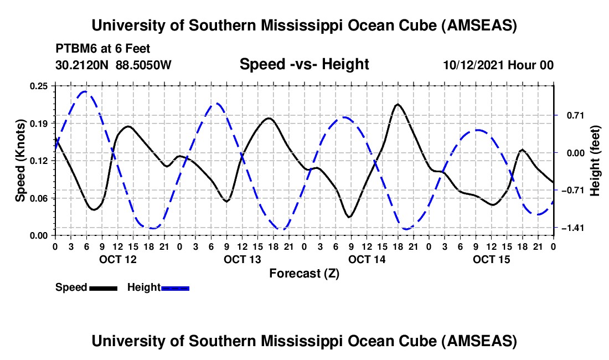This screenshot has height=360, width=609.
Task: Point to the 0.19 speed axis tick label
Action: [x=40, y=123]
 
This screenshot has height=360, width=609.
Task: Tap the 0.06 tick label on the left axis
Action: [x=40, y=198]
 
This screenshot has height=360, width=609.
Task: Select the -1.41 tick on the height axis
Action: [x=572, y=228]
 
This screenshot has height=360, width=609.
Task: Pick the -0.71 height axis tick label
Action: [x=572, y=190]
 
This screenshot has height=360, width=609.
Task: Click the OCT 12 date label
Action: [x=117, y=260]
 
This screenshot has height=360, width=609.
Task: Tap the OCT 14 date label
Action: [x=367, y=260]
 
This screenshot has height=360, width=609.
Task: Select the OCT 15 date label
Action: [x=491, y=260]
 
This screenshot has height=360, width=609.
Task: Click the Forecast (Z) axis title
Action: [x=304, y=273]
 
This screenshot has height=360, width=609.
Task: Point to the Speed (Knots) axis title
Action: [x=20, y=161]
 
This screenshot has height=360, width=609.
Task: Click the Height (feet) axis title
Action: [x=595, y=161]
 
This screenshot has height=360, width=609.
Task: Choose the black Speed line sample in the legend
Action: [x=103, y=288]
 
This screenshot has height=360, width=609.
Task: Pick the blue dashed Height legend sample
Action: [x=176, y=288]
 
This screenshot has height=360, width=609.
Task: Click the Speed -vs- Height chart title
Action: [x=304, y=64]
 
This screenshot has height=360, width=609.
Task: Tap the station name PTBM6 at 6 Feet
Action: [x=102, y=49]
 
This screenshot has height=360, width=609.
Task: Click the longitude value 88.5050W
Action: [x=144, y=65]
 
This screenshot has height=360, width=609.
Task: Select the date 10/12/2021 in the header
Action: [x=472, y=65]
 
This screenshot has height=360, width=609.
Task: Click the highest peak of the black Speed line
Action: [x=398, y=104]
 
